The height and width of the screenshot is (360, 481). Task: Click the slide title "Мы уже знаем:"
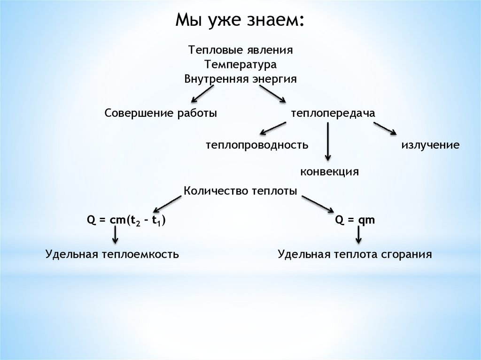coord(240,21)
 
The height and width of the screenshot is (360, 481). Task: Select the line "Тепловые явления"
coord(241,49)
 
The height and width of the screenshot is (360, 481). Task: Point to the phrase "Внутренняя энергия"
coord(241,78)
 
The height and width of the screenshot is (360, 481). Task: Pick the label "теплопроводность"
coord(256,145)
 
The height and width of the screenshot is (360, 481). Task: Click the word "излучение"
coord(430,145)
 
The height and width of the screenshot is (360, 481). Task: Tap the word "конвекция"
coord(330,171)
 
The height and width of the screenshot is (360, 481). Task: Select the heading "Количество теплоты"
coord(240,191)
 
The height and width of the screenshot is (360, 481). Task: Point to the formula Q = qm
coord(355,220)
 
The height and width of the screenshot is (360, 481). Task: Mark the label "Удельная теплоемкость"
coord(112,254)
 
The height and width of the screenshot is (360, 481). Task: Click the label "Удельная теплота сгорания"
coord(355,254)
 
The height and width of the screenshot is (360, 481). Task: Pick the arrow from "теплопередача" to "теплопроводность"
coord(273,128)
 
